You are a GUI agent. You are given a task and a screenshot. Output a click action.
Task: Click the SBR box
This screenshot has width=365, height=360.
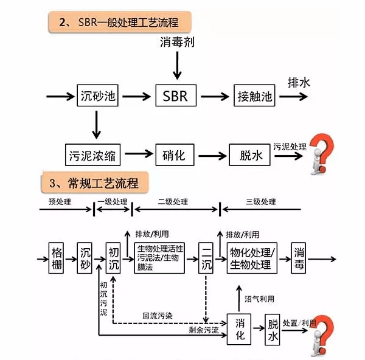(x=175, y=96)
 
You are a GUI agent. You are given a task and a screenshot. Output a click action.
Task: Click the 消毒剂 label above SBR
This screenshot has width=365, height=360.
(x=176, y=43)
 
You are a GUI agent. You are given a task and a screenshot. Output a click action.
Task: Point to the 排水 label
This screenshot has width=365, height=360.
(x=299, y=83)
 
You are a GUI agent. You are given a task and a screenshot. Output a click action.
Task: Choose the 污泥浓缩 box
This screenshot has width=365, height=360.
(x=93, y=154)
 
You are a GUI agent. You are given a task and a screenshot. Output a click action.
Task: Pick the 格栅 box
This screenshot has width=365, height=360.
(x=57, y=258)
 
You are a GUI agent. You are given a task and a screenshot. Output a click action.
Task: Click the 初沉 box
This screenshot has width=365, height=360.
(x=114, y=258)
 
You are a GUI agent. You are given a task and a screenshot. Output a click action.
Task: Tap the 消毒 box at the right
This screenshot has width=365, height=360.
(x=299, y=258)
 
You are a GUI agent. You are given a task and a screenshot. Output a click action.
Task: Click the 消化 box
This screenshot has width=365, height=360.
(x=240, y=329)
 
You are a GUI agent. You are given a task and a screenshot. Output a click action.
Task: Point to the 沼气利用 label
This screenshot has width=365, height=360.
(x=259, y=299)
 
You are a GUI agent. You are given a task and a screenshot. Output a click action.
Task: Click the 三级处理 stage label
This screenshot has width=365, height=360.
(x=260, y=202)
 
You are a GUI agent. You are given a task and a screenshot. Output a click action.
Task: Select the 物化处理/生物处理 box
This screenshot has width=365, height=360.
(x=252, y=258)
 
